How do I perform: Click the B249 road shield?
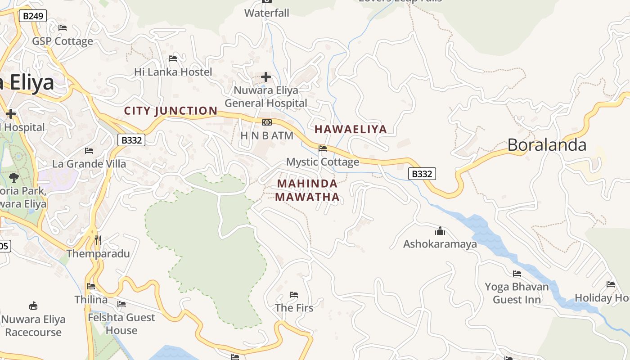click(x=33, y=16)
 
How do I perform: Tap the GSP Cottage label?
click(x=62, y=41)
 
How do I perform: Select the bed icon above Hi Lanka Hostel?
click(x=173, y=58)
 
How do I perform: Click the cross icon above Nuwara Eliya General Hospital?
click(x=266, y=77)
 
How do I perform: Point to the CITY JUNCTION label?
click(x=171, y=111)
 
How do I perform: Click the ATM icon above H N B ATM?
click(x=267, y=122)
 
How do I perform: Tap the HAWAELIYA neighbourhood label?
click(x=351, y=130)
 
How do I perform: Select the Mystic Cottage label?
click(x=323, y=162)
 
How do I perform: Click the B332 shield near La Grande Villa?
click(x=132, y=140)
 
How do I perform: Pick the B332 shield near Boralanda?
click(x=422, y=174)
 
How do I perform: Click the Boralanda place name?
click(x=547, y=145)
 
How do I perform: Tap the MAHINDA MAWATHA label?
click(x=307, y=190)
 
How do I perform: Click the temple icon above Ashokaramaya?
click(x=440, y=231)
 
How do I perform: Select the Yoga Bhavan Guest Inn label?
click(x=517, y=293)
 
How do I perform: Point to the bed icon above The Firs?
click(x=294, y=295)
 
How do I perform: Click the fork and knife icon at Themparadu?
click(x=98, y=240)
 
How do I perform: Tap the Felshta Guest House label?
click(x=121, y=324)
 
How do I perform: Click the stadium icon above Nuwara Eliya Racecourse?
click(x=33, y=306)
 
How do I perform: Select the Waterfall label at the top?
click(x=267, y=13)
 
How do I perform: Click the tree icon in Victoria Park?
click(x=14, y=178)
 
